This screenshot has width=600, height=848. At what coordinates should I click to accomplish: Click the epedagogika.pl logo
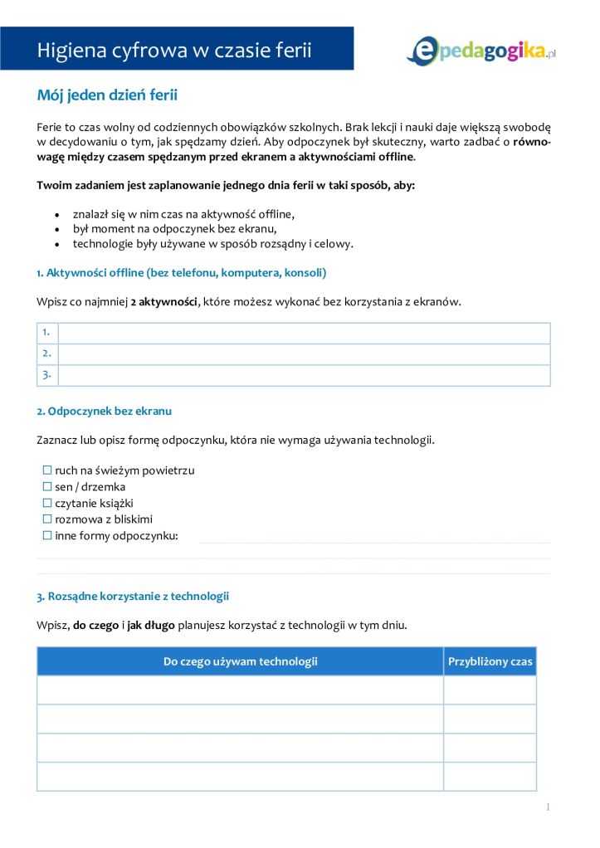[x=480, y=50]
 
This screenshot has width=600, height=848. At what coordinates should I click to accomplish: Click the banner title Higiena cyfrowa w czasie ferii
[x=174, y=50]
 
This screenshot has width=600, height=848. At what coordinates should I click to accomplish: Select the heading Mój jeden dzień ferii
[x=107, y=95]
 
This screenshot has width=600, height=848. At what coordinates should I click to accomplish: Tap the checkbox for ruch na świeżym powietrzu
[x=47, y=470]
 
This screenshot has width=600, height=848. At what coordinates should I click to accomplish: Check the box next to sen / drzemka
[x=47, y=487]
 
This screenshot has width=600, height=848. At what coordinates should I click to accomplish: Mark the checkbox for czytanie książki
[x=47, y=503]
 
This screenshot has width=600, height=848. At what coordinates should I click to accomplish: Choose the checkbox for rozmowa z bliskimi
[x=47, y=519]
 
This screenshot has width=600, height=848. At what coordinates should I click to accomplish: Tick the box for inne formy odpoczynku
[x=47, y=535]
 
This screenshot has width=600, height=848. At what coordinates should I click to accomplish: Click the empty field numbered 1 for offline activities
[x=304, y=333]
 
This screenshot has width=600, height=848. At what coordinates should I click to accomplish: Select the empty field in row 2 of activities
[x=304, y=353]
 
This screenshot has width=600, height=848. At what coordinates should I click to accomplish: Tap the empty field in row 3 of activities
[x=304, y=375]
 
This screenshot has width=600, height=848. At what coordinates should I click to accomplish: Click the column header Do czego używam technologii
[x=240, y=661]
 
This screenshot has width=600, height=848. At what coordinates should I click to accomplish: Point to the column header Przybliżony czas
[x=490, y=661]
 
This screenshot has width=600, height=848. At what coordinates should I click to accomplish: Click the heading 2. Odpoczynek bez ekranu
[x=104, y=411]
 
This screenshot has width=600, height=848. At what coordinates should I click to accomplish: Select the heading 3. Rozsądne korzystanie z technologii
[x=133, y=596]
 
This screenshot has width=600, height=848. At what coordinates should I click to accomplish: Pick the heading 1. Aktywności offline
[x=182, y=272]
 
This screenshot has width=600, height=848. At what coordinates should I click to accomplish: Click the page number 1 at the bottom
[x=548, y=807]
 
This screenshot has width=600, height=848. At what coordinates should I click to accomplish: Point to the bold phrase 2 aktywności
[x=164, y=301]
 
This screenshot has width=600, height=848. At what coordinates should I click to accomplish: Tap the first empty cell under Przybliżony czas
[x=490, y=690]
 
